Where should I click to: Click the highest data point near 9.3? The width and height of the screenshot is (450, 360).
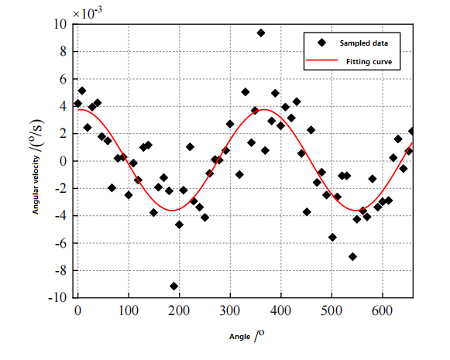pos(261,33)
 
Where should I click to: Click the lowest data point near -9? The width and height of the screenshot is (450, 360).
pos(173,286)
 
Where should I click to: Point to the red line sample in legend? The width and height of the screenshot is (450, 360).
pos(320,61)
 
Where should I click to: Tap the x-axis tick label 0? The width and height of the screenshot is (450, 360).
pos(77,310)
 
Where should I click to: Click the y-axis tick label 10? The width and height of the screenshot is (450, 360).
pos(60,25)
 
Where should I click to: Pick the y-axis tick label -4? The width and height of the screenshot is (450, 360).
pos(59,216)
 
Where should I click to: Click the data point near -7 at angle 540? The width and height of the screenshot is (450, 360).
pos(352,256)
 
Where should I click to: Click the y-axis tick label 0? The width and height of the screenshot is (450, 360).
pos(63,161)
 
